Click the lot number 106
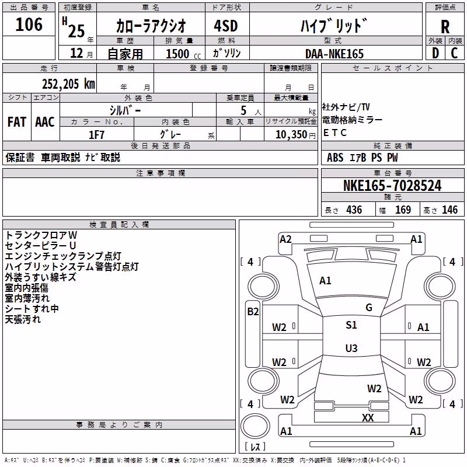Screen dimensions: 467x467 29,25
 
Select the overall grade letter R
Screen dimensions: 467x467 445,27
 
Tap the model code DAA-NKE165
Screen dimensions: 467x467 334,54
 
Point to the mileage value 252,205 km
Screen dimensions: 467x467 68,84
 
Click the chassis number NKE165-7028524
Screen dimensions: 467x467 392,186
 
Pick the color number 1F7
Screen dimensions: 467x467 96,135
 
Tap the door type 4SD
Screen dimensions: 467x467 226,26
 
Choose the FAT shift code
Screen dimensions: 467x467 17,122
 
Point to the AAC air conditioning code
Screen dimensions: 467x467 45,122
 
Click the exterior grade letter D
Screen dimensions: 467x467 435,53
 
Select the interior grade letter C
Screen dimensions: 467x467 454,53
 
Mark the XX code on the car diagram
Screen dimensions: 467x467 368,417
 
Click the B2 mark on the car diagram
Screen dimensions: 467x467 253,312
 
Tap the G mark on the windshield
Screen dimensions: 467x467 369,308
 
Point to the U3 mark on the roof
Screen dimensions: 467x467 351,348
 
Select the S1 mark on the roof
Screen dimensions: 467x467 351,325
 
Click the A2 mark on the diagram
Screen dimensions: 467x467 285,239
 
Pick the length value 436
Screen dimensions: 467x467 354,210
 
